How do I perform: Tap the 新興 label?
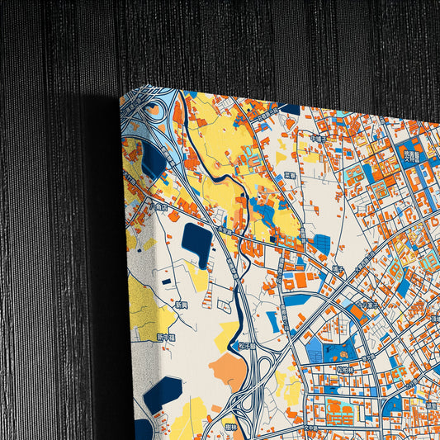[182, 305]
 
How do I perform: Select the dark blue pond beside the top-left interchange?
[154, 162]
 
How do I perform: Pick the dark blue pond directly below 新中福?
[163, 392]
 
